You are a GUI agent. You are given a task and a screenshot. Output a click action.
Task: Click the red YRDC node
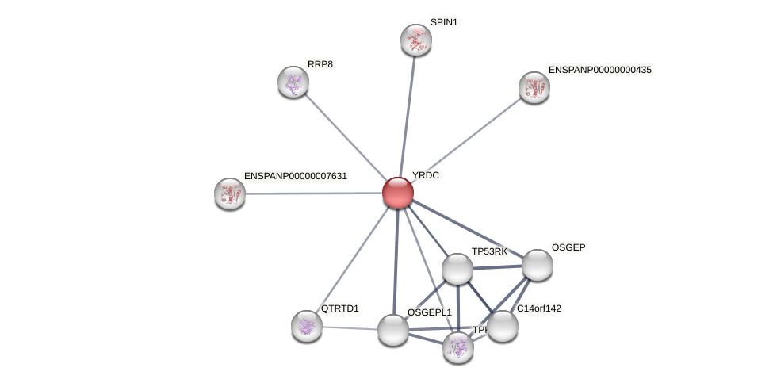398,193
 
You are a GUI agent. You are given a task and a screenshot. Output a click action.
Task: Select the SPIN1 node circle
416,40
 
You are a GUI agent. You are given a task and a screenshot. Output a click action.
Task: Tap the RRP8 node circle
293,82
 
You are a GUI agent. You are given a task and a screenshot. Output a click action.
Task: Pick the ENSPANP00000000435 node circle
534,87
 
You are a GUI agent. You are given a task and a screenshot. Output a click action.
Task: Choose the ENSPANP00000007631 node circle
230,193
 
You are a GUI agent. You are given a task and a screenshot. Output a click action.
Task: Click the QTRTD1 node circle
307,326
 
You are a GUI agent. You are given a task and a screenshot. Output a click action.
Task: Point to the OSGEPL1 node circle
393,330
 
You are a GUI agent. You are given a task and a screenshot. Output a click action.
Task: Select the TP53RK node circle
457,269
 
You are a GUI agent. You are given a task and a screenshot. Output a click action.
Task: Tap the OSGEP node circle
537,265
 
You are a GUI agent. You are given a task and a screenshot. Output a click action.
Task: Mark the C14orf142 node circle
502,326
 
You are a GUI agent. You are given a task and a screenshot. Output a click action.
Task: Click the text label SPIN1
444,22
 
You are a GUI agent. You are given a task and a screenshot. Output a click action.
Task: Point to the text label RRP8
320,64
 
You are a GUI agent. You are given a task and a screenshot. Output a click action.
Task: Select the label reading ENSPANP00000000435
599,70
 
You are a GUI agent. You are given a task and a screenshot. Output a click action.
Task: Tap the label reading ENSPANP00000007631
295,176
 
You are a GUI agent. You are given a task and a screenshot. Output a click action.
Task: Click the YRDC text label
426,175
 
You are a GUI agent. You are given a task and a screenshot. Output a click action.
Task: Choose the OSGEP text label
568,247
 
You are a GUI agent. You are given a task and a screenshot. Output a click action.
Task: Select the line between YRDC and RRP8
346,137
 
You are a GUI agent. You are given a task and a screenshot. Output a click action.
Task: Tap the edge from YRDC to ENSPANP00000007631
314,193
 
